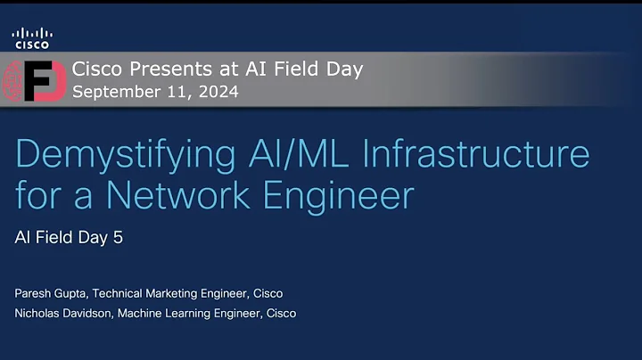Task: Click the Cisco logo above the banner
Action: coord(31,37)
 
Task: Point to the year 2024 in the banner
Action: coord(218,91)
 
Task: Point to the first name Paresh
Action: coord(34,293)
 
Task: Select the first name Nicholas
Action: coord(40,313)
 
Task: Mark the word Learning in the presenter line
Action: coord(199,313)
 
